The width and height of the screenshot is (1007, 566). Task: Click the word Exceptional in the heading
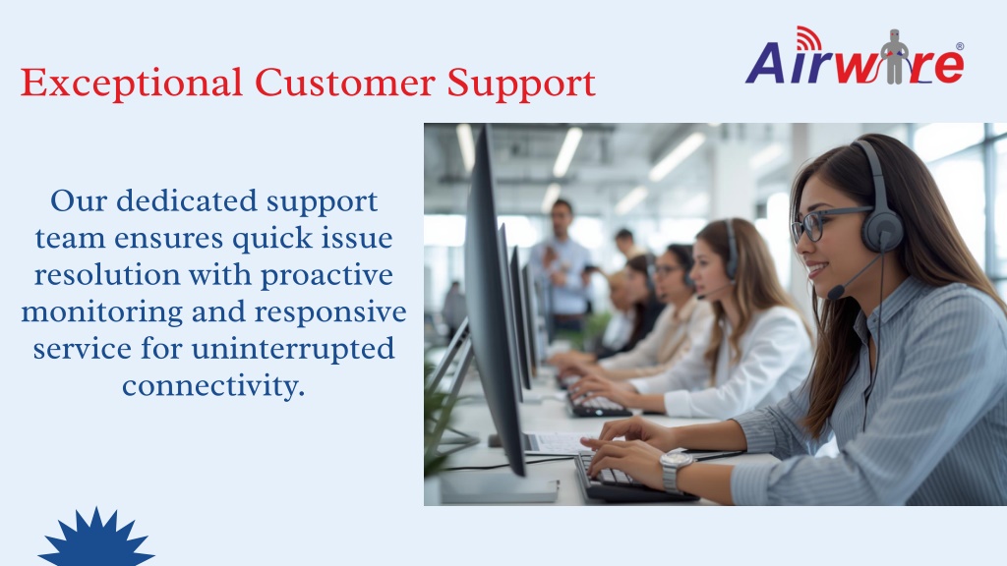pyautogui.click(x=132, y=84)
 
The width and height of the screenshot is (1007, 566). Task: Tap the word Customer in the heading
pyautogui.click(x=345, y=83)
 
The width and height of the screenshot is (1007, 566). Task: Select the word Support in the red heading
pyautogui.click(x=521, y=85)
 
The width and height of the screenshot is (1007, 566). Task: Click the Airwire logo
pyautogui.click(x=855, y=56)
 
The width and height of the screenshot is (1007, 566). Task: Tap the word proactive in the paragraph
pyautogui.click(x=326, y=276)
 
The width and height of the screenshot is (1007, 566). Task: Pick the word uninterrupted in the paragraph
pyautogui.click(x=293, y=350)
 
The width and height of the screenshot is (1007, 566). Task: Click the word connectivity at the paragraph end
pyautogui.click(x=213, y=386)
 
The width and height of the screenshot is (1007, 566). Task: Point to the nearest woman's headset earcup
pyautogui.click(x=882, y=231)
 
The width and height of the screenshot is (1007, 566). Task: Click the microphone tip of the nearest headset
pyautogui.click(x=835, y=293)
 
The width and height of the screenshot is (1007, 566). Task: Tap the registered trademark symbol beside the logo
pyautogui.click(x=960, y=46)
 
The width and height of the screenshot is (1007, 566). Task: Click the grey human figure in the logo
pyautogui.click(x=894, y=56)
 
